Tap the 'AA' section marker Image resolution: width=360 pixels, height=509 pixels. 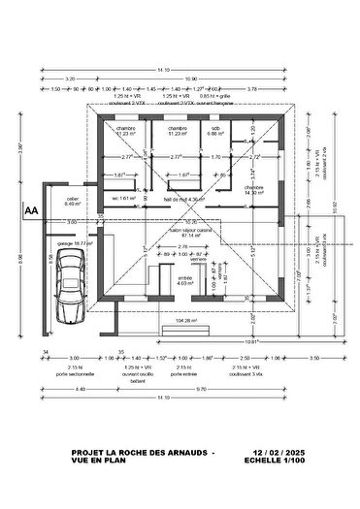(x=31, y=208)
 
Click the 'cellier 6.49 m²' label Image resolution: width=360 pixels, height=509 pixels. (x=73, y=202)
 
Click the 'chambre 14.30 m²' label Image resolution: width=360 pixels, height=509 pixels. (x=255, y=191)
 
